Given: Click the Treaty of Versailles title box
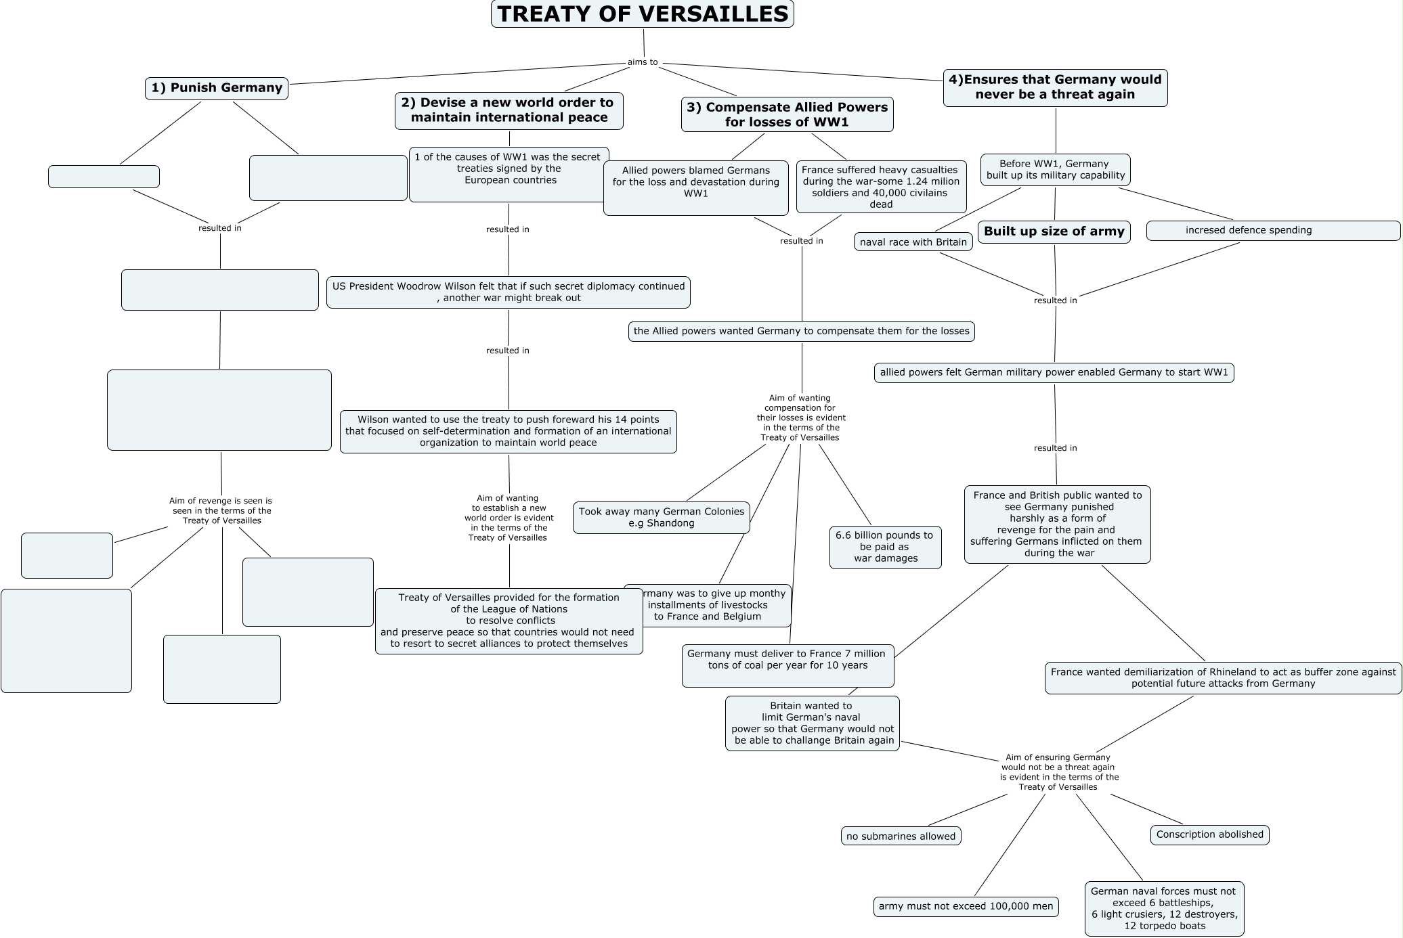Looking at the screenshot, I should [642, 14].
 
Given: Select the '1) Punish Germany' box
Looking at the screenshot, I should [216, 88].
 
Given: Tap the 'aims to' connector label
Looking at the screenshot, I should [642, 62].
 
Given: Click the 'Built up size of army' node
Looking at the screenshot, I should [1054, 231].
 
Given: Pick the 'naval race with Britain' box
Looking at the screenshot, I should [913, 242].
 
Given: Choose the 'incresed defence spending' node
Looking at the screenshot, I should [1272, 231].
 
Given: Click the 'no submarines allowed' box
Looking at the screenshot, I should [901, 836].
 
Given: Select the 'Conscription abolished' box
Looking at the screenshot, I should [1209, 834].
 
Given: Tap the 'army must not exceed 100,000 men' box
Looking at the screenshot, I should [966, 906].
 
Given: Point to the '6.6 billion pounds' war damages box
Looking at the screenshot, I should [885, 547].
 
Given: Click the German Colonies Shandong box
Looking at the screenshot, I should [661, 518].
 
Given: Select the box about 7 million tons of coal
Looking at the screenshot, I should [787, 665].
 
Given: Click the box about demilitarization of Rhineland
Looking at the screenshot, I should [1223, 677].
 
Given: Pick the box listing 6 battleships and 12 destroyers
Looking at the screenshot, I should [1164, 908].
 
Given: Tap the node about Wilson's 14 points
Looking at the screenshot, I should [508, 431].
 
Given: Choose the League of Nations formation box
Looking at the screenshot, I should [509, 621].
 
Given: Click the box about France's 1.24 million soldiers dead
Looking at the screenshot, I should [881, 187].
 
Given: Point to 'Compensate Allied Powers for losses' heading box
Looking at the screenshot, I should [787, 114].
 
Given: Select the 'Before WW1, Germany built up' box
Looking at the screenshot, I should [1055, 169].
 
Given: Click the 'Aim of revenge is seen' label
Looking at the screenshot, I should [221, 511].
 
